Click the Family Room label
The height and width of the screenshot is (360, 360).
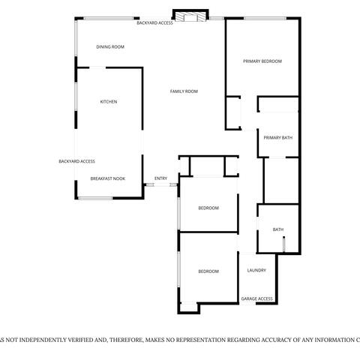(184, 91)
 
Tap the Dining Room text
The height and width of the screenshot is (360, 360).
(110, 46)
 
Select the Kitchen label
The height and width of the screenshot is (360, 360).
(109, 102)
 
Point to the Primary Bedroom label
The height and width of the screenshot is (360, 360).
(262, 61)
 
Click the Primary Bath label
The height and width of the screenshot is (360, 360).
(277, 137)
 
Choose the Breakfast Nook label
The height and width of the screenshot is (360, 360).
(107, 178)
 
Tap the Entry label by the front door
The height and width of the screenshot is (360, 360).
(160, 178)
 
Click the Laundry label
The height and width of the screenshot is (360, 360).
(256, 271)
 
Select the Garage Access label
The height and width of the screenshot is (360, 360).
(256, 299)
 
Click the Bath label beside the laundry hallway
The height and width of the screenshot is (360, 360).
(277, 229)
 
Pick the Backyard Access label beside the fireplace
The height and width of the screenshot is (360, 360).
(154, 22)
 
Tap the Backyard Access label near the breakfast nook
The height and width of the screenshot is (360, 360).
(76, 161)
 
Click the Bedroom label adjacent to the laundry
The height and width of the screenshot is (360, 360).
(208, 271)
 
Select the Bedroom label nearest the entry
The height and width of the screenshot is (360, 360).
(208, 208)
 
